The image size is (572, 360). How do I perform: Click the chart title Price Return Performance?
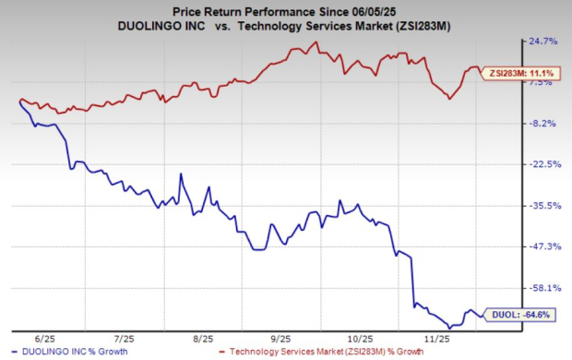click(x=267, y=10)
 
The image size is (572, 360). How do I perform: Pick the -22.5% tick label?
click(x=542, y=164)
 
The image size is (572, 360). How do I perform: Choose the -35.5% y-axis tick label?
click(x=542, y=206)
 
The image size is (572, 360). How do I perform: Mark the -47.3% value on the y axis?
click(x=542, y=246)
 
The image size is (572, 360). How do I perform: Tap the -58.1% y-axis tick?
click(x=542, y=288)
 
